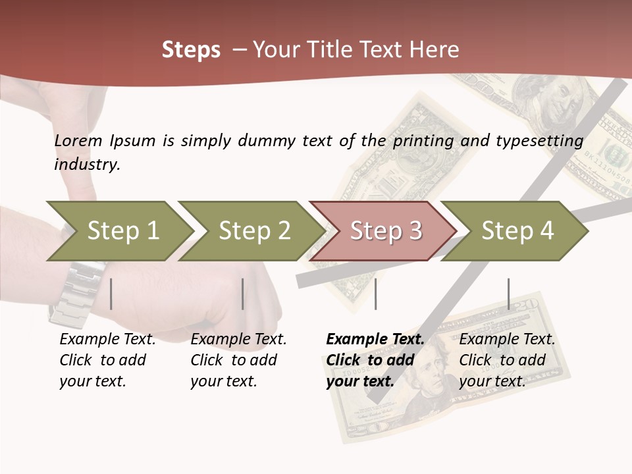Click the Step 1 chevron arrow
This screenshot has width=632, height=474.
click(x=118, y=231)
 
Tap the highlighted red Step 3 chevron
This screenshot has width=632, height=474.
click(x=384, y=231)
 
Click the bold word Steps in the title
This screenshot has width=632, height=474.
click(x=191, y=50)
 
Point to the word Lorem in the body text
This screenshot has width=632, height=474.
click(x=78, y=140)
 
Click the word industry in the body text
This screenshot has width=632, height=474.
click(x=86, y=165)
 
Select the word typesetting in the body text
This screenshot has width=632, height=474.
click(x=539, y=140)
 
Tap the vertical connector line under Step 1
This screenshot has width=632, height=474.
click(x=111, y=294)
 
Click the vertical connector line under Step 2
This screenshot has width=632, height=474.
click(x=243, y=294)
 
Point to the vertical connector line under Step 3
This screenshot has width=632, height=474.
click(x=376, y=294)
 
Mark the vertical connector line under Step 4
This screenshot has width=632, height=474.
click(x=509, y=294)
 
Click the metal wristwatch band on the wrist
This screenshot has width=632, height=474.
click(x=76, y=293)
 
